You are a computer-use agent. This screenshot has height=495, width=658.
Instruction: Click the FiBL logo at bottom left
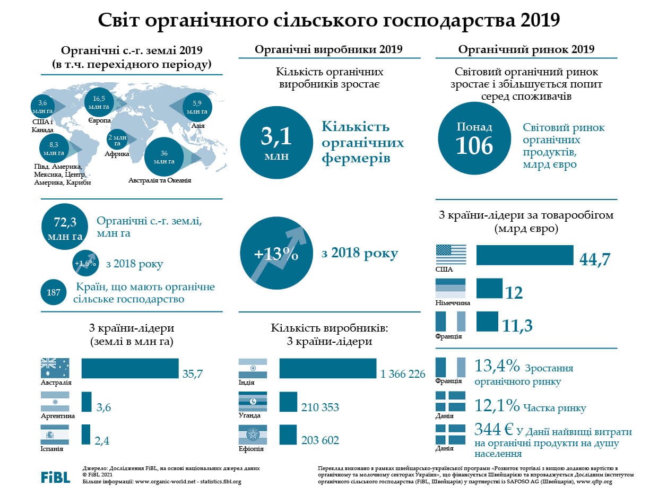[55, 476]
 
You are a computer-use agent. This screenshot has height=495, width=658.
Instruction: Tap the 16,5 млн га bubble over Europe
[99, 102]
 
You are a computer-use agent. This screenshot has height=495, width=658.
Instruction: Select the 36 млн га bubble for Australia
[164, 157]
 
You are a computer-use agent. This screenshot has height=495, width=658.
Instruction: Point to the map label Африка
[117, 154]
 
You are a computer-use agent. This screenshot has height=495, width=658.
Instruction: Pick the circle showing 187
[54, 292]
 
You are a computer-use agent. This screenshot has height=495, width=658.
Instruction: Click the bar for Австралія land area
[130, 368]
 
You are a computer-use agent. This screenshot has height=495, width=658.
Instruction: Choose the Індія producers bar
[327, 368]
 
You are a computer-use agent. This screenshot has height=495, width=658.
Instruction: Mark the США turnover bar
[525, 255]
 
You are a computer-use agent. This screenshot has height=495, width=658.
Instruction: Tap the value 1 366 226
[403, 375]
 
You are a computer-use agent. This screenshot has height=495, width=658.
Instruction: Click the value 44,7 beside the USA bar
[595, 259]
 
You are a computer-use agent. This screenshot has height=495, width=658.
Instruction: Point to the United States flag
[451, 255]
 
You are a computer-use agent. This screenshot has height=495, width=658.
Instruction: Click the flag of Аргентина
[55, 402]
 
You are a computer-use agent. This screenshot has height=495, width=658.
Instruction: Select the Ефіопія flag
[253, 435]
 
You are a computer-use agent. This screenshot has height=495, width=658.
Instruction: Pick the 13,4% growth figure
[497, 367]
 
